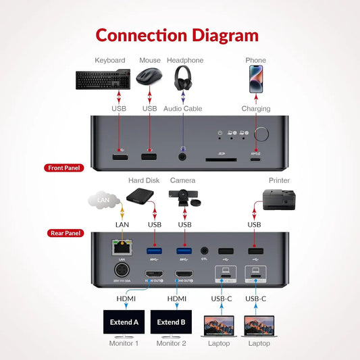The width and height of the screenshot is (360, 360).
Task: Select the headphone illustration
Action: coord(182,78)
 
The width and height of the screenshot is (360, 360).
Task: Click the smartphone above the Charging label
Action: coord(256,78)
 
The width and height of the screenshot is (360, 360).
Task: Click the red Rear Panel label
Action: coord(66,233)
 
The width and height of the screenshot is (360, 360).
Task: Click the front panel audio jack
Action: coord(182,157)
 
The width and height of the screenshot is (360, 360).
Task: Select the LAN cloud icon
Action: coord(103,200)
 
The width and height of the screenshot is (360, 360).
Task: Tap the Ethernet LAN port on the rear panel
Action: coord(122,248)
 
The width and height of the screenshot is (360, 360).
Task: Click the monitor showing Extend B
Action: coord(171,322)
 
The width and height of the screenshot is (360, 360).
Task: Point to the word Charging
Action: coord(256,109)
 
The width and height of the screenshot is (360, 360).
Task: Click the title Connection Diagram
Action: coord(177,35)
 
